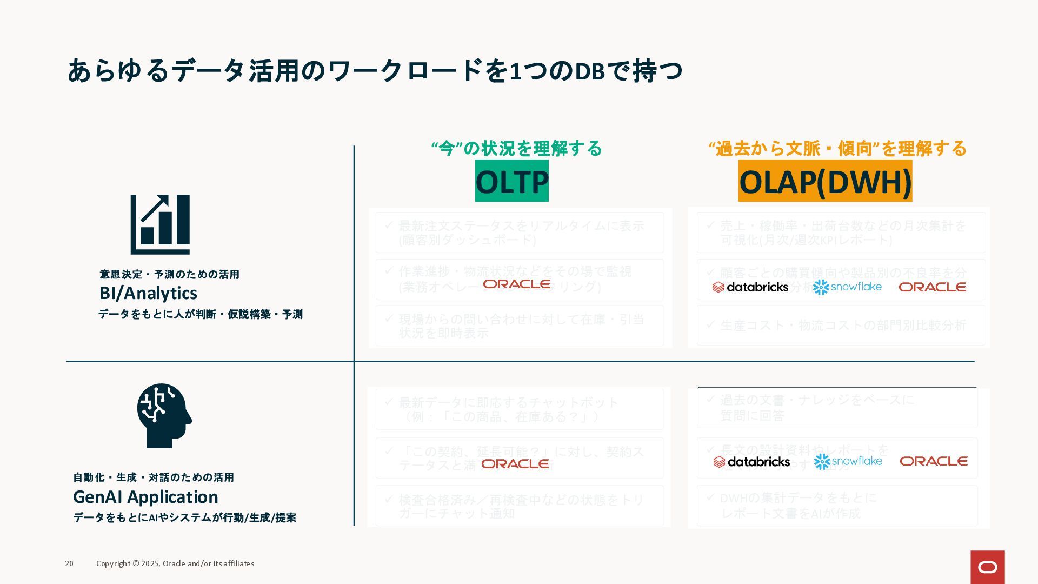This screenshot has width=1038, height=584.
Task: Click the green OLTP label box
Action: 511,181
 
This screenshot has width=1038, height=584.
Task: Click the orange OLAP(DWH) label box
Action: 825,181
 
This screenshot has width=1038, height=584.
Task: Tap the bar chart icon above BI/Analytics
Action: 160,224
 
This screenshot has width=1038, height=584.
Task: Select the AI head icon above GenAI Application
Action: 164,415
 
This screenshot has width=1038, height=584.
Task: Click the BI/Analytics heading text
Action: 148,293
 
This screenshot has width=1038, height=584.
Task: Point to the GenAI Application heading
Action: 145,496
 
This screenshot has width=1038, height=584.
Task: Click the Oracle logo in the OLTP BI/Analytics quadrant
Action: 516,284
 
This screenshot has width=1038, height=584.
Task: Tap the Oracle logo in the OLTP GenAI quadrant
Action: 515,463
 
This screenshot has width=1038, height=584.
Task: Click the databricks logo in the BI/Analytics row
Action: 750,287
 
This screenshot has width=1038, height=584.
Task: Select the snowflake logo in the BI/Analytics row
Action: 847,287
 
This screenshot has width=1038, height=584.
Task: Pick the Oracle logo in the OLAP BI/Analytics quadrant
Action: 932,287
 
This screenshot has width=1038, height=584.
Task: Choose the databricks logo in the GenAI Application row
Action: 751,462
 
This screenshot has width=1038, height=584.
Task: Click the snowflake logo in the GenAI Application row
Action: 848,461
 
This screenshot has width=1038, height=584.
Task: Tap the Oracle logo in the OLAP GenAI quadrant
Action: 933,461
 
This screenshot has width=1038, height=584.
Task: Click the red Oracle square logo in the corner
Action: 987,567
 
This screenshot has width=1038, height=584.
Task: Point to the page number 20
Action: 69,563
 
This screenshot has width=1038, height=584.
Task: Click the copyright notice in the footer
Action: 175,563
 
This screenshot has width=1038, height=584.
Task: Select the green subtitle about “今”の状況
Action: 516,148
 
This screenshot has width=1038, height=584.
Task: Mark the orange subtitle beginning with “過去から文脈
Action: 837,148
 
